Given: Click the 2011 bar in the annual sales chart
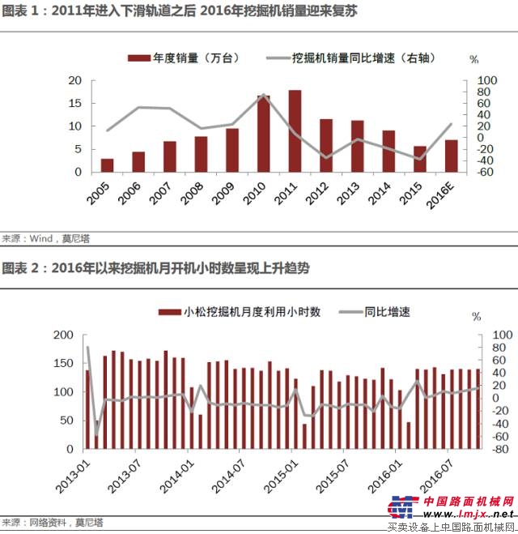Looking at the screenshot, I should point(295,131).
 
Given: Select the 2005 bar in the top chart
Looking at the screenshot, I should point(107,165).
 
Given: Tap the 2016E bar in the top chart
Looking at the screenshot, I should point(451,156).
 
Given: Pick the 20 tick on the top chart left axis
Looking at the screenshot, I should point(75,81).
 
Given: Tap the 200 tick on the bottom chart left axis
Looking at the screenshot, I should point(62,335).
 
